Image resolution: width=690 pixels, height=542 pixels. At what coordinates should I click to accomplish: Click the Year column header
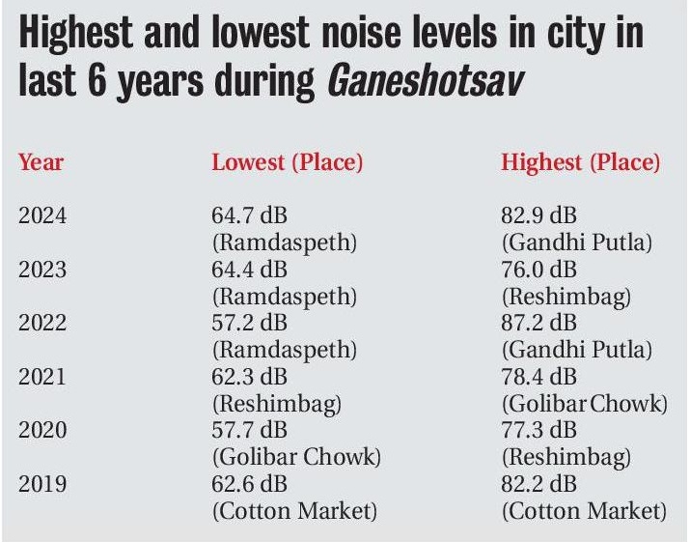(x=41, y=161)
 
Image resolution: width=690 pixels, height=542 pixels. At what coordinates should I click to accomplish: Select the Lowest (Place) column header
(x=287, y=161)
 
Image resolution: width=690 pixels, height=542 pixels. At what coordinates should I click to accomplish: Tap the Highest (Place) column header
(x=581, y=161)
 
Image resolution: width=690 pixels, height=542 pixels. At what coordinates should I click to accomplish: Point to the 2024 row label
(x=42, y=215)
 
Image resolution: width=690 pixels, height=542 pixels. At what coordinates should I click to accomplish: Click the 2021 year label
(x=42, y=376)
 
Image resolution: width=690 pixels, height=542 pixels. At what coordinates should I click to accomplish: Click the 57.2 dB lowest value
(x=249, y=323)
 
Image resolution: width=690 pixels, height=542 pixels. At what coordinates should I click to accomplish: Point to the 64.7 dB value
(x=249, y=215)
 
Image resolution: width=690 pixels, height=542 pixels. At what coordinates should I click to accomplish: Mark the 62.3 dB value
(x=249, y=376)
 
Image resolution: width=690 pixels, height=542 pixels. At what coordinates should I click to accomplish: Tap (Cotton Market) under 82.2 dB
(x=583, y=510)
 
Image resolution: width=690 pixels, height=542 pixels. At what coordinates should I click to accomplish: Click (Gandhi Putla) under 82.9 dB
(x=576, y=242)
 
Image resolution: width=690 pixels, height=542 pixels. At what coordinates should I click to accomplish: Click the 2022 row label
(x=42, y=323)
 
